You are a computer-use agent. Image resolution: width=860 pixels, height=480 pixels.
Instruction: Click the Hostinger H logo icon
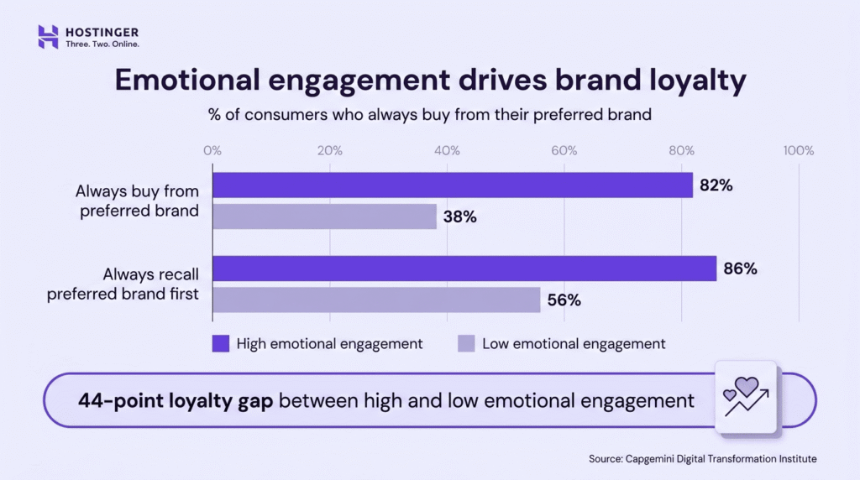point(49,36)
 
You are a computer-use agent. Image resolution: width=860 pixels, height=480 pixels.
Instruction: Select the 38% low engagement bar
point(324,217)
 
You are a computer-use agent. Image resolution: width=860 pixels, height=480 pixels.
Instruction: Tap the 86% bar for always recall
point(464,269)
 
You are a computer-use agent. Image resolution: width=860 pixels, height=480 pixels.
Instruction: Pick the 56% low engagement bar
point(376,300)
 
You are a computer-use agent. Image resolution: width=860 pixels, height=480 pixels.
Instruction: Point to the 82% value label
point(716,185)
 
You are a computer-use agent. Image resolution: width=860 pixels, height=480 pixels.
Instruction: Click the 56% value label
point(564,300)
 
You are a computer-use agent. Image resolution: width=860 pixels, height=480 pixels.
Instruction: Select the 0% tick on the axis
point(212,151)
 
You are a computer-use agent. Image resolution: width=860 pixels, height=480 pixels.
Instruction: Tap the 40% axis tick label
point(447,151)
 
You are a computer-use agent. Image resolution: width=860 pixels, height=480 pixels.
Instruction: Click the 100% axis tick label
point(798,151)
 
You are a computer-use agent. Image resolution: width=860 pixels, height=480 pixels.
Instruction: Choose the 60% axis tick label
point(564,151)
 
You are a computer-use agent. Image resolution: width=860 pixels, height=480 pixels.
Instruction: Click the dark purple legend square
point(221,343)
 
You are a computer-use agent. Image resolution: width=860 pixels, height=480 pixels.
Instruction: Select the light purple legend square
point(466,343)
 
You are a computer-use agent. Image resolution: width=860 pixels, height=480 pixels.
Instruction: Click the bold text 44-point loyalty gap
point(176,400)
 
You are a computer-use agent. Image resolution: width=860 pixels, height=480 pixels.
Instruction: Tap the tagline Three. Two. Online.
point(102,44)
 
